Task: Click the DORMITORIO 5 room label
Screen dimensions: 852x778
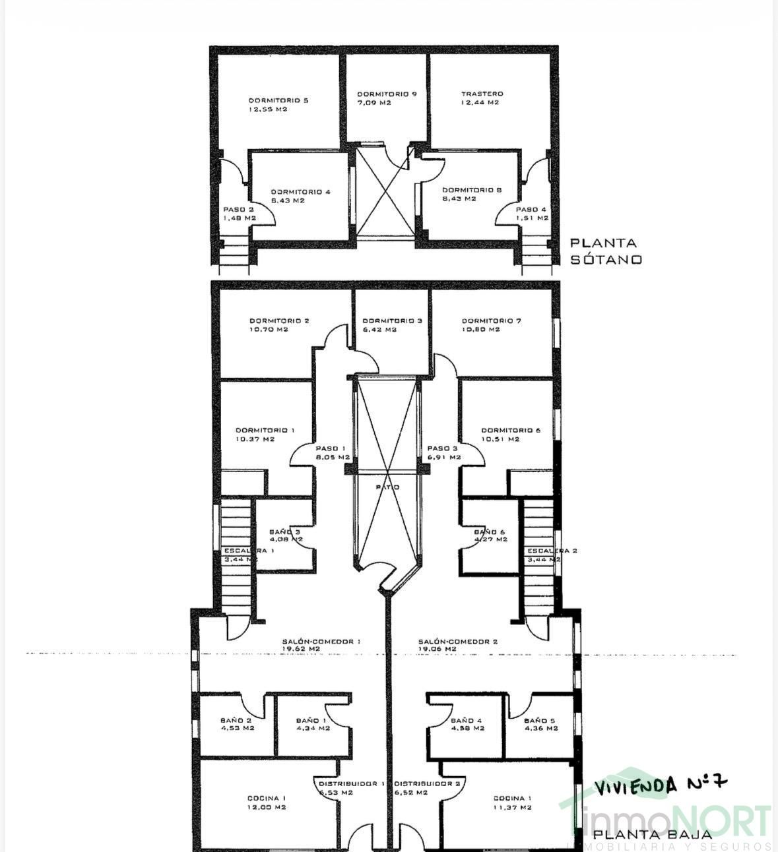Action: (278, 100)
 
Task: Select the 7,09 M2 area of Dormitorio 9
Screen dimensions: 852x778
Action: (374, 103)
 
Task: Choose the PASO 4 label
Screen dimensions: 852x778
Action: (532, 209)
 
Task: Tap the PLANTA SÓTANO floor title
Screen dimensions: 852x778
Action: (605, 251)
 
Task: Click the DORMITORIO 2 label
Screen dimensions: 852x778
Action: (279, 321)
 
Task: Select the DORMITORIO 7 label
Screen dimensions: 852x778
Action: (492, 321)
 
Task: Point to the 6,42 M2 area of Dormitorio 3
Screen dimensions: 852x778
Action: (379, 330)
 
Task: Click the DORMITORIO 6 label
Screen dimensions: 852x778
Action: (511, 430)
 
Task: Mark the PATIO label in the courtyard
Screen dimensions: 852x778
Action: (387, 487)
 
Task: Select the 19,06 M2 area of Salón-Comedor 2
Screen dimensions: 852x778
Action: (437, 649)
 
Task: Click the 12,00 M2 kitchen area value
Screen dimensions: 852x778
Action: (267, 807)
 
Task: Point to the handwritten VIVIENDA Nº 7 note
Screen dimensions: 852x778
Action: (661, 785)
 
